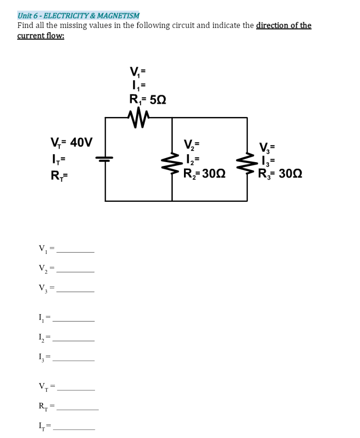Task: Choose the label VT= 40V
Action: (71, 142)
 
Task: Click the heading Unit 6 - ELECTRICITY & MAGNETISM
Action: (78, 15)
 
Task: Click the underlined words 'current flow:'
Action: (41, 36)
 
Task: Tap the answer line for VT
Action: (75, 389)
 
